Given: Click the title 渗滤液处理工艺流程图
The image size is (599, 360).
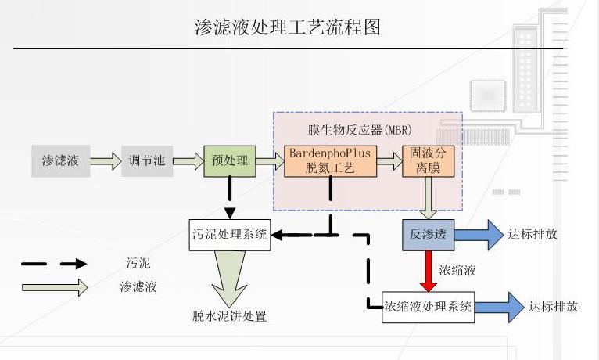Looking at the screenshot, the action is (287, 27).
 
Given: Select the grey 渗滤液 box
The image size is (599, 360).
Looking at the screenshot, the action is (61, 161).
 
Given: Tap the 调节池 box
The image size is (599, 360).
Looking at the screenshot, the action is (147, 161).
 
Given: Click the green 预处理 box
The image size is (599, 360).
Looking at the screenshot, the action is (230, 161).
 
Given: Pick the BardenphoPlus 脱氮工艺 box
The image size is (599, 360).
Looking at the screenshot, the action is (331, 161).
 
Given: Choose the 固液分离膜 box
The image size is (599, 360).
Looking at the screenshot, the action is (429, 161).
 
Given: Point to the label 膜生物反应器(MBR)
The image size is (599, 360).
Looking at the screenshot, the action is (360, 131).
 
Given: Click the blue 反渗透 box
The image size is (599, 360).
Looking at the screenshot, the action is (429, 235).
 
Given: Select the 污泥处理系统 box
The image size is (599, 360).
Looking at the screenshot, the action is (230, 235).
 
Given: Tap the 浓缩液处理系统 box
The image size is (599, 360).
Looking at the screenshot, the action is (429, 308).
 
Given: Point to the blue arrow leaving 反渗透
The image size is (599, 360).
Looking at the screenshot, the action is (479, 235).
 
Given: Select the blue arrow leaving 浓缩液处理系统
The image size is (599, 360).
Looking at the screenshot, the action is (500, 308).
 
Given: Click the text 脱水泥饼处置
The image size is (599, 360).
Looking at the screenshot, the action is (229, 316).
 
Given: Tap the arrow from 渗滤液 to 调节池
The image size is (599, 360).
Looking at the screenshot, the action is (106, 161).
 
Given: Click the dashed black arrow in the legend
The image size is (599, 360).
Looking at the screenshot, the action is (54, 264).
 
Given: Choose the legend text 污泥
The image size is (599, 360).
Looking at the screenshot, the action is (138, 263).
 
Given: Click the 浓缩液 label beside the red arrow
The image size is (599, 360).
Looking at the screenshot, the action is (457, 271).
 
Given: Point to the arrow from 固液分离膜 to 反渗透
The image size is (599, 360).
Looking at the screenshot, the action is (429, 198).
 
